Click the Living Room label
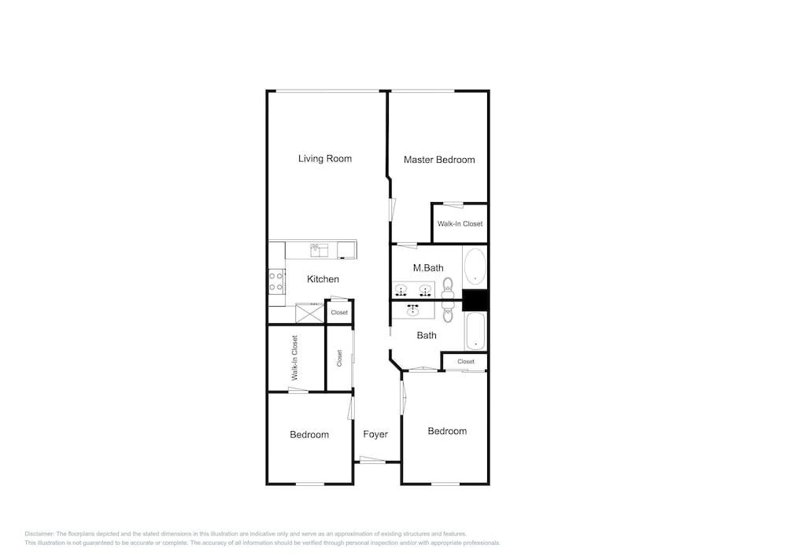(325, 159)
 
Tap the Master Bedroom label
(439, 160)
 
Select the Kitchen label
(323, 279)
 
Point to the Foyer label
(375, 435)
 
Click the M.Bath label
(428, 268)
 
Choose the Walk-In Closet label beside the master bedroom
(460, 223)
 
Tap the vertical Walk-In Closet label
(294, 358)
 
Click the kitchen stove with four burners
(276, 282)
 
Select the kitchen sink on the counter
(319, 249)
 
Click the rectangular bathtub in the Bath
(475, 331)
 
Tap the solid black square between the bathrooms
(475, 300)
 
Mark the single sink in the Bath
(413, 311)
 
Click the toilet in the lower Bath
(448, 311)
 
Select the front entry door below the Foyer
(372, 459)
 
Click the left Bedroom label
(309, 435)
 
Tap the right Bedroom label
(447, 431)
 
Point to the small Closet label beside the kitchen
(339, 312)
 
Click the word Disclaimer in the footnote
(39, 534)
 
